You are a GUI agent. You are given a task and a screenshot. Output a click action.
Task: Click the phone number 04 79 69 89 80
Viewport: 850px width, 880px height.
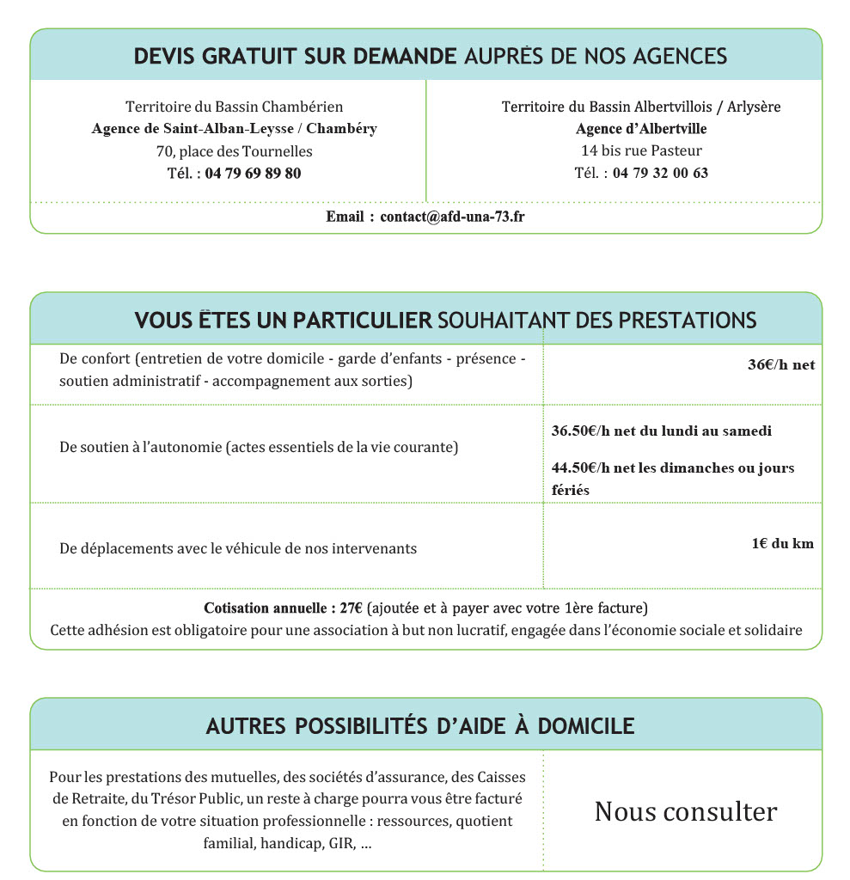[253, 173]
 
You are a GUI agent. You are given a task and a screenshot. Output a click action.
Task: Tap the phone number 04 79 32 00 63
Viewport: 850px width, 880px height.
[660, 173]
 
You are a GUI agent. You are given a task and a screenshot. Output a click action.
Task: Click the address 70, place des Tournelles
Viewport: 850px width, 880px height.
[235, 151]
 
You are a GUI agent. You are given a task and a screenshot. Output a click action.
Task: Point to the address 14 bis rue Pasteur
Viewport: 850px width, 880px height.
[641, 151]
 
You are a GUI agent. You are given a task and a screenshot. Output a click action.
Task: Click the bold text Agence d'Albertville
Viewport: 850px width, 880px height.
[641, 129]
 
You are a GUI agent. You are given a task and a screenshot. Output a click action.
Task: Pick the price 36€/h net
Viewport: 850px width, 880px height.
[780, 364]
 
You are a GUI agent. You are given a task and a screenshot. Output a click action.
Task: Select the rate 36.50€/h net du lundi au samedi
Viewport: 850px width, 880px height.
[661, 431]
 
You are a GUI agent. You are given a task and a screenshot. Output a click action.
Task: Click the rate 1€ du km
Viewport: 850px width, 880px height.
[782, 543]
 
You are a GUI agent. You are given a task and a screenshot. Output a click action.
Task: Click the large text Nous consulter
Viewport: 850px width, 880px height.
[685, 811]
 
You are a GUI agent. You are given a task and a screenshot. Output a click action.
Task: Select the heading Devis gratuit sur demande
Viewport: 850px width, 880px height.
[295, 57]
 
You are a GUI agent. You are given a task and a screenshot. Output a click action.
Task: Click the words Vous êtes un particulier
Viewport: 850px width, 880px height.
[283, 321]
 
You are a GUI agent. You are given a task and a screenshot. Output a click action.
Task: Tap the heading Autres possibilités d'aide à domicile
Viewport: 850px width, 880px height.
[420, 726]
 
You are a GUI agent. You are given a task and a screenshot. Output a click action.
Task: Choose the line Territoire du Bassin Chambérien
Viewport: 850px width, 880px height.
[235, 107]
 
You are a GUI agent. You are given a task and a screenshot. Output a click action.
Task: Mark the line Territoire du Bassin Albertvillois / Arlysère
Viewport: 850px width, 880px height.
[641, 107]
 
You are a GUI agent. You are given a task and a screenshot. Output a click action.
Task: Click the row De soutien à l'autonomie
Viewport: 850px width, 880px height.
[259, 447]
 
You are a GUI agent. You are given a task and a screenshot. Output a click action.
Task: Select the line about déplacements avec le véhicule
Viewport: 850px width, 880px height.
[238, 547]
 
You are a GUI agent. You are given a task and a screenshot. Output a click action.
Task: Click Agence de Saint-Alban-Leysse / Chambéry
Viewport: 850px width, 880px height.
[235, 129]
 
